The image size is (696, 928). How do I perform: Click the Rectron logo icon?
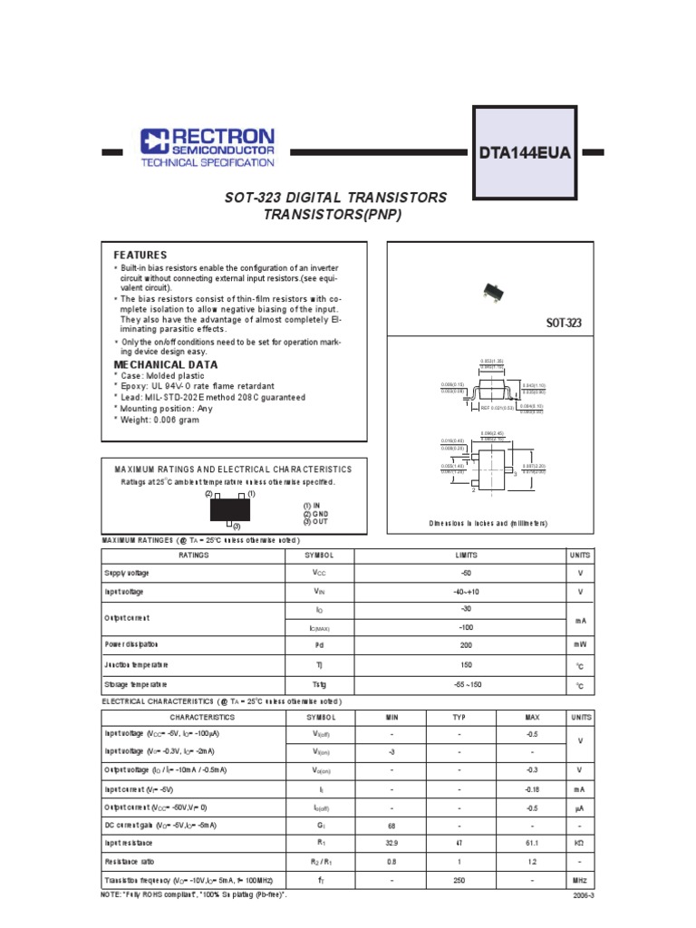coord(154,140)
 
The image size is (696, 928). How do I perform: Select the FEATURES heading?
coord(140,256)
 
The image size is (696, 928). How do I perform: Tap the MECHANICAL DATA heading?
coord(159,364)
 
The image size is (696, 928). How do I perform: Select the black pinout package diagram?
coord(230,510)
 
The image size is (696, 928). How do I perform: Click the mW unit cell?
coord(579,644)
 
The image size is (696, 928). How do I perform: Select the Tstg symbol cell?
coord(319,685)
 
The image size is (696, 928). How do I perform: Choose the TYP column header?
coord(459,716)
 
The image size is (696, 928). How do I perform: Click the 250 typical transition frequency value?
coord(459,880)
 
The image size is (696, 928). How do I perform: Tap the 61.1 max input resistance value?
coord(532,843)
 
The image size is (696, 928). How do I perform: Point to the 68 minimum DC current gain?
coord(392,825)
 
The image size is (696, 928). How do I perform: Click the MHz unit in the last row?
coord(579,880)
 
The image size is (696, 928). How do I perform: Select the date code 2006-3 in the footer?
coord(580,894)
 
